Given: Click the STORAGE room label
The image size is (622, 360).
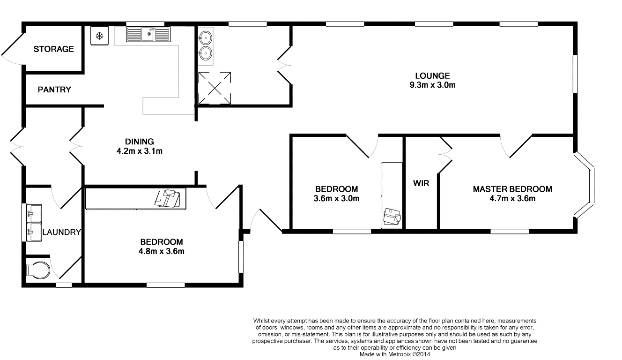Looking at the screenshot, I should [53, 49].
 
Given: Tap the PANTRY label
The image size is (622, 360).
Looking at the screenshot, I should [54, 90].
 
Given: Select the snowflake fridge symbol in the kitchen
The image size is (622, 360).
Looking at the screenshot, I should [99, 36].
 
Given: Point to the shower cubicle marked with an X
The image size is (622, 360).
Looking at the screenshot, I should [215, 88].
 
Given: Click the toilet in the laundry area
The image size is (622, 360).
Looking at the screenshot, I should [37, 270].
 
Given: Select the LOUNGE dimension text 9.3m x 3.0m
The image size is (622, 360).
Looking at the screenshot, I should [432, 85].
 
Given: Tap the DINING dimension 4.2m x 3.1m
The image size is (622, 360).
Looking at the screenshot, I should [139, 151].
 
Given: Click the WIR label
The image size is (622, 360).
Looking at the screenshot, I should [421, 183].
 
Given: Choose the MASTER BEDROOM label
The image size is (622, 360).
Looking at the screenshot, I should [512, 189].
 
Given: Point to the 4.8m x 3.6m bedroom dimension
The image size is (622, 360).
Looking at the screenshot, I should [161, 251].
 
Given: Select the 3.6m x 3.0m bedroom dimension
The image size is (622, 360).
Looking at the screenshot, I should [336, 198].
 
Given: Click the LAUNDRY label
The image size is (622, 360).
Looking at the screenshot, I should [62, 232].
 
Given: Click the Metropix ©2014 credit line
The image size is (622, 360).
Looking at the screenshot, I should [395, 354].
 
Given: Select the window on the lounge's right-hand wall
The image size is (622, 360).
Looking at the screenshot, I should [576, 74].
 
